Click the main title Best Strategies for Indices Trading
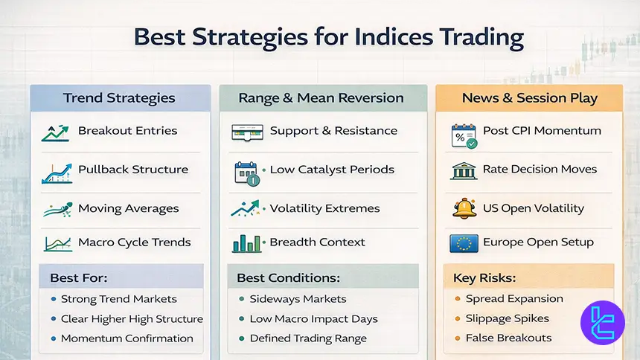(x=327, y=38)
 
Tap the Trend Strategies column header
(x=119, y=98)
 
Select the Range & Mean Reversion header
(x=321, y=98)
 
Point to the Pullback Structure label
(x=133, y=169)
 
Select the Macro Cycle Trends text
(x=134, y=242)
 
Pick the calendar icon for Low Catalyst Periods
(x=246, y=172)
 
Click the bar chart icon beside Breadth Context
(x=246, y=242)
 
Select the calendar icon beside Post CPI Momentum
(x=464, y=135)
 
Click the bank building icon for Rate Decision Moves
(x=464, y=170)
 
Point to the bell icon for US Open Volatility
(x=464, y=208)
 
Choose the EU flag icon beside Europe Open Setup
(x=464, y=242)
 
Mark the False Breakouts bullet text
(x=508, y=338)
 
